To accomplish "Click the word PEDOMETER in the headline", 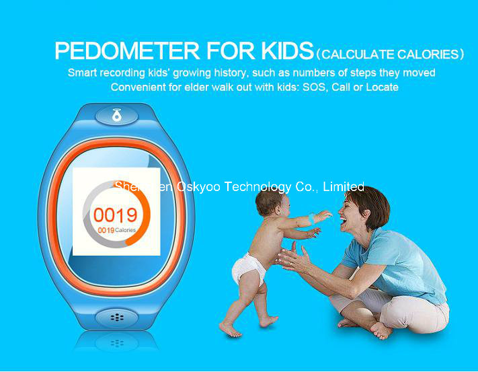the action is tap(127, 50).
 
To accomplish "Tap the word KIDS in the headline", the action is tap(287, 50).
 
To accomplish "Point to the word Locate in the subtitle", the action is tap(382, 87).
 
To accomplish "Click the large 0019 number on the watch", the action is tap(115, 215).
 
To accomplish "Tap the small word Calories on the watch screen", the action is tap(125, 230).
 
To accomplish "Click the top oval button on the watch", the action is tap(117, 116).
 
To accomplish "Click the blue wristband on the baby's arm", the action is tap(313, 217).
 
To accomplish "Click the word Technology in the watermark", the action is tap(257, 186).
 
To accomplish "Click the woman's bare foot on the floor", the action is tap(380, 330).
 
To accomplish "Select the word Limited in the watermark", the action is tap(344, 186).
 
